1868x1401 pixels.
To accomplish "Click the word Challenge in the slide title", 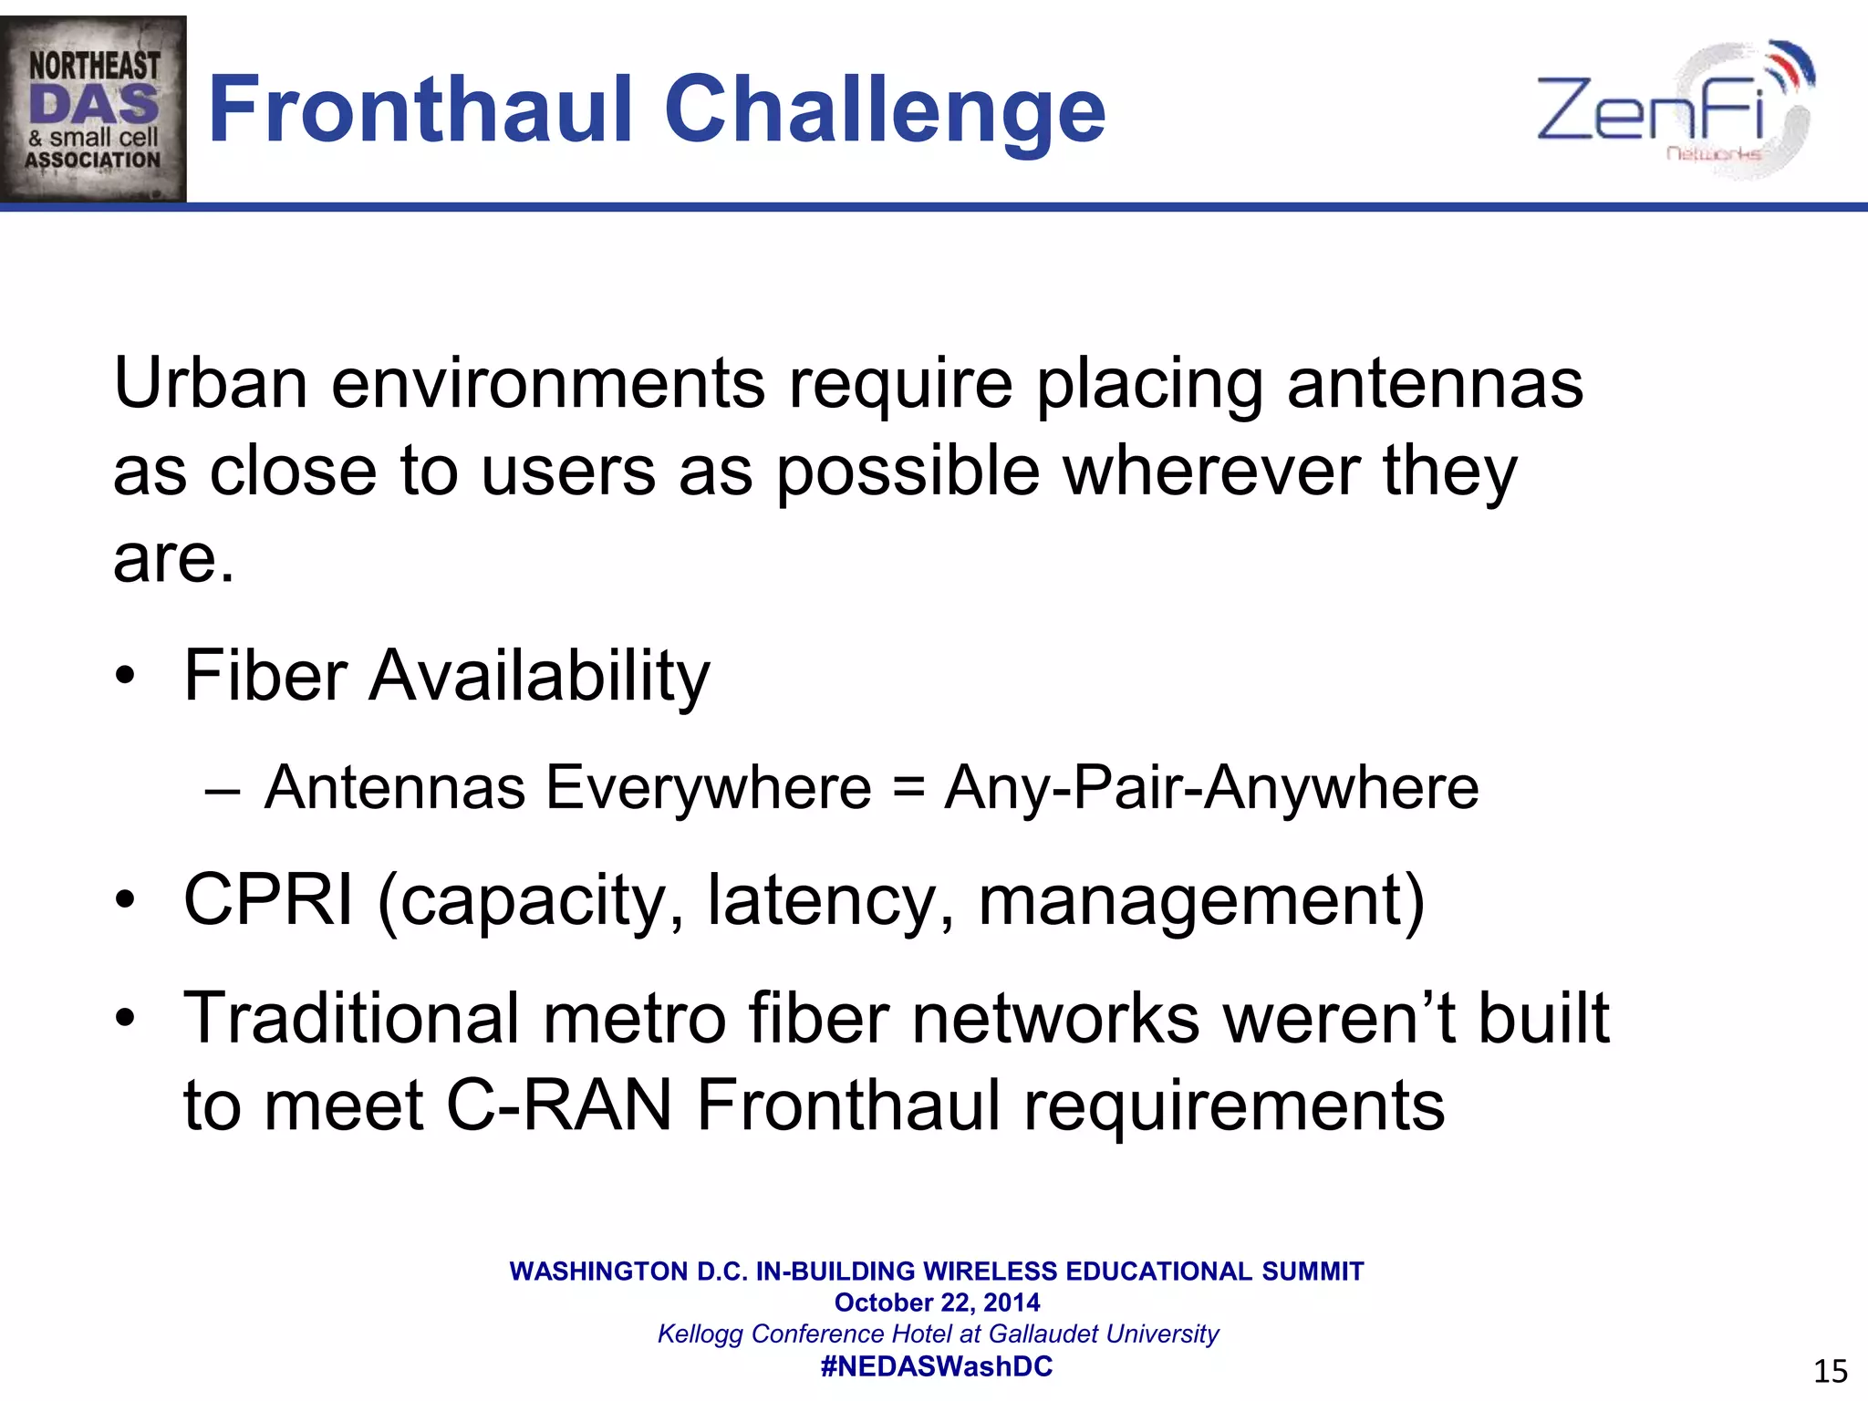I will point(885,111).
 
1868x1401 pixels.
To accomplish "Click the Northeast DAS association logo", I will point(93,109).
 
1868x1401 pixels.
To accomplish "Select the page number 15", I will point(1830,1371).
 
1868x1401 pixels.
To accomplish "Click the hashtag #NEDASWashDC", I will point(937,1366).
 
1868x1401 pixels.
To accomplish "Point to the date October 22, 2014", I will point(937,1302).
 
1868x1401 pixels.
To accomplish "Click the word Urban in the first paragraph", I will point(210,383).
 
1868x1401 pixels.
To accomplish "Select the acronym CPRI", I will point(268,900).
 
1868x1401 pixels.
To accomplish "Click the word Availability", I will point(538,677).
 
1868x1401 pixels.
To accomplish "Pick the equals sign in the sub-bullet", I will point(908,788).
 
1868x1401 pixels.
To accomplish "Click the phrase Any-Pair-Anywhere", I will point(1211,788).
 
